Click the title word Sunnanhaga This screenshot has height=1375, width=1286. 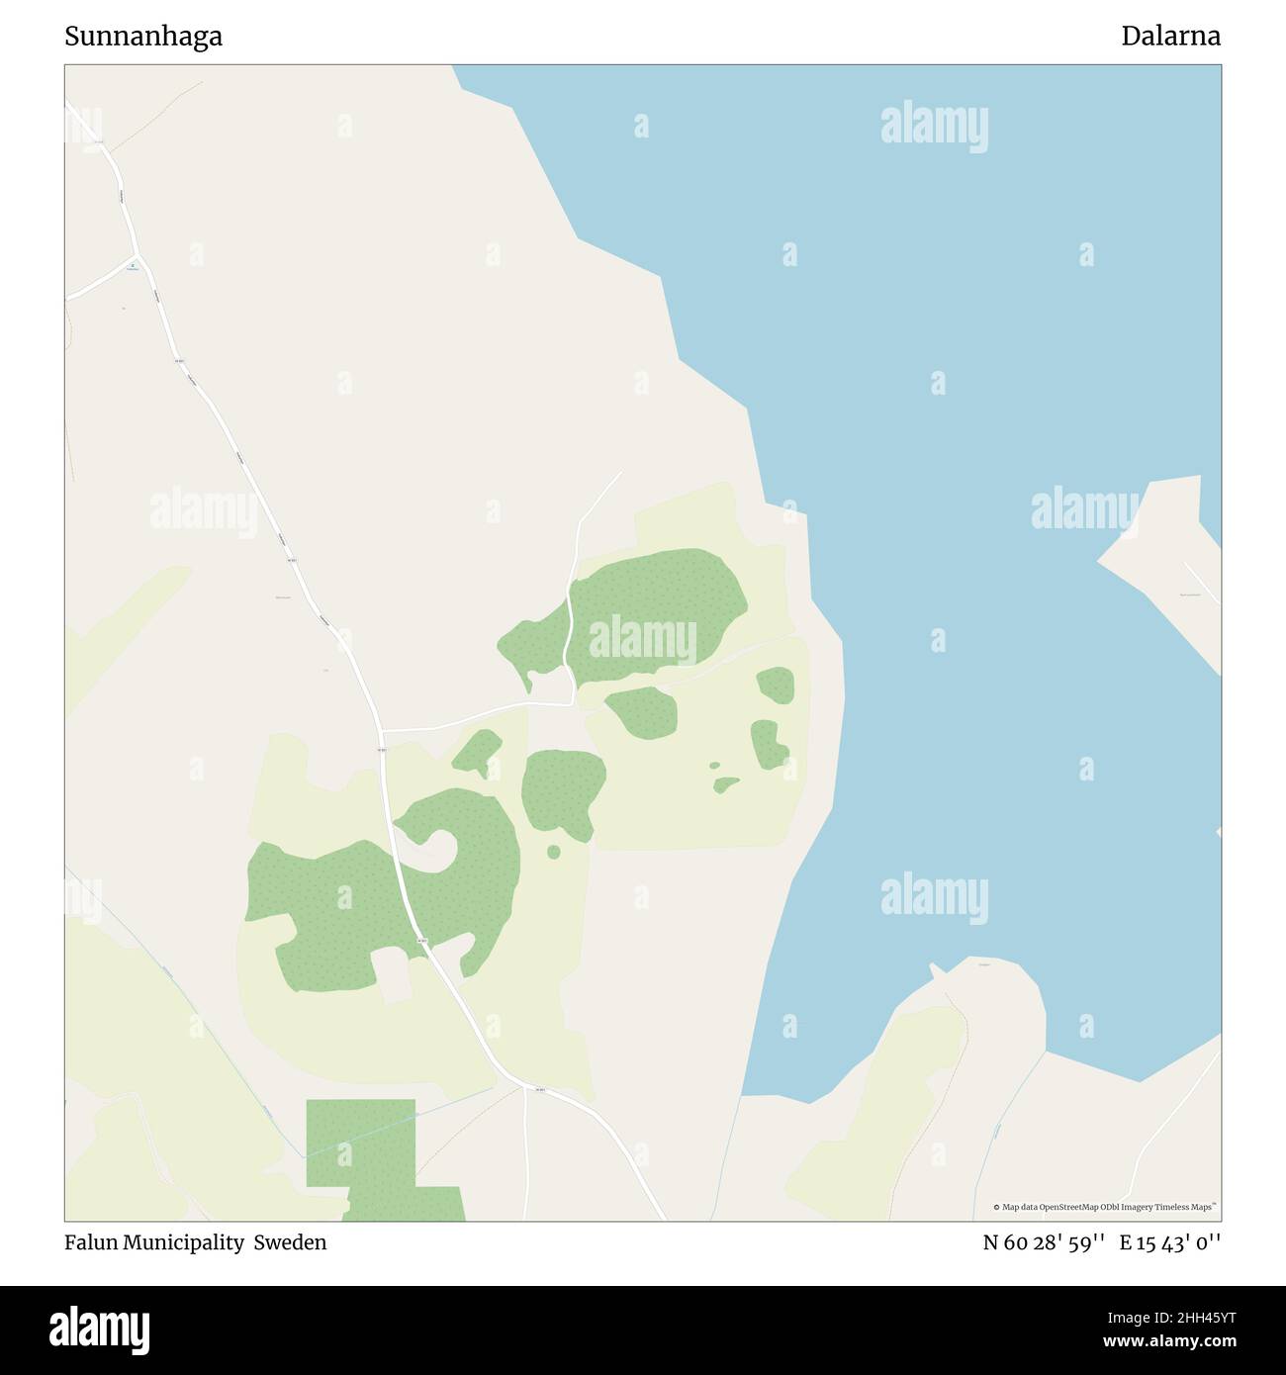point(143,37)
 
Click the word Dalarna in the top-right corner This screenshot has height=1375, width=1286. point(1170,37)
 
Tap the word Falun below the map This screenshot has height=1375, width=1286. point(91,1242)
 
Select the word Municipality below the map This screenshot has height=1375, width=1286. point(185,1242)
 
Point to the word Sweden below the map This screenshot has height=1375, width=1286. point(290,1242)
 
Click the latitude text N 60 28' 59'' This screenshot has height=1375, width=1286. point(1044,1242)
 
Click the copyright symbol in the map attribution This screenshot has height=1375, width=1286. point(996,1207)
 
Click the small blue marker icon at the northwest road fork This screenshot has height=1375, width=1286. point(133,265)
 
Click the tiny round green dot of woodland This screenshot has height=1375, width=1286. point(553,852)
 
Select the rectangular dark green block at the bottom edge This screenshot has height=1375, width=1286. point(361,1143)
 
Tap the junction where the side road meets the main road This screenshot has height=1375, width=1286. point(382,731)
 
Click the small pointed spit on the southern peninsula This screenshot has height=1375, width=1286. point(936,970)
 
